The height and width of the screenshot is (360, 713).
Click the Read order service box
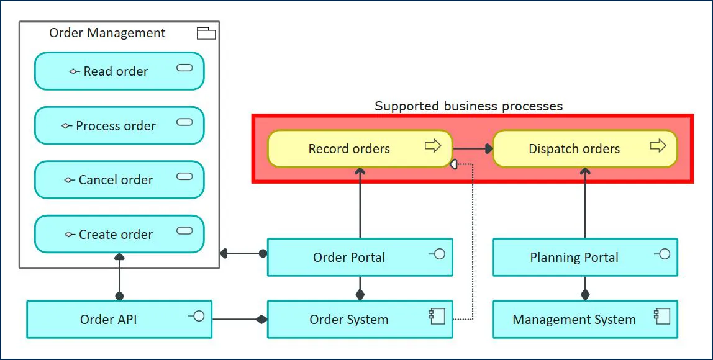pyautogui.click(x=119, y=71)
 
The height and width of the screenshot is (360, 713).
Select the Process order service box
pyautogui.click(x=119, y=126)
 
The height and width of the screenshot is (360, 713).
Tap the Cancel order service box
pyautogui.click(x=119, y=180)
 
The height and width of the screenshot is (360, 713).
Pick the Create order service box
pyautogui.click(x=119, y=235)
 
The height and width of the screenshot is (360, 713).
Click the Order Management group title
pyautogui.click(x=107, y=33)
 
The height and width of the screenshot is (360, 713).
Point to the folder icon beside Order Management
pyautogui.click(x=206, y=34)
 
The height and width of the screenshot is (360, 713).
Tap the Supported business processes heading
pyautogui.click(x=468, y=106)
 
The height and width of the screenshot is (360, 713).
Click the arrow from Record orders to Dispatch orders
pyautogui.click(x=472, y=149)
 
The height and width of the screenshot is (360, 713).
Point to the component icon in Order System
pyautogui.click(x=437, y=317)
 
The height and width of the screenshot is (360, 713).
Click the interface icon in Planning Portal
pyautogui.click(x=662, y=254)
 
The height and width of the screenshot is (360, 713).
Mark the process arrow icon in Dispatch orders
pyautogui.click(x=658, y=146)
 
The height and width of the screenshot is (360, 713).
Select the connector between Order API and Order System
pyautogui.click(x=239, y=320)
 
